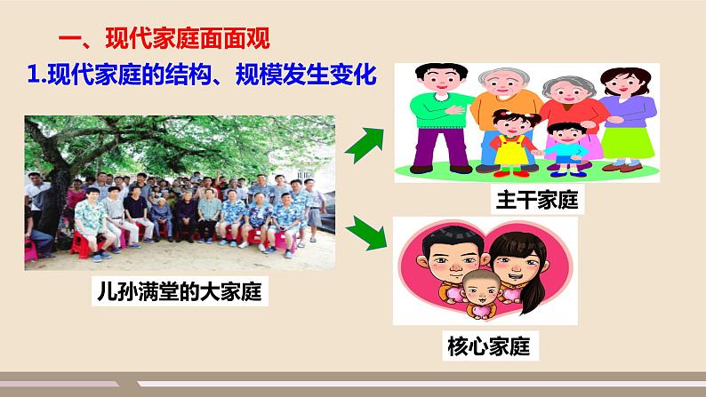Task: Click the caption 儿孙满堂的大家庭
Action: pyautogui.click(x=178, y=290)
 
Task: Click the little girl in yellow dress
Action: pyautogui.click(x=511, y=138)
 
